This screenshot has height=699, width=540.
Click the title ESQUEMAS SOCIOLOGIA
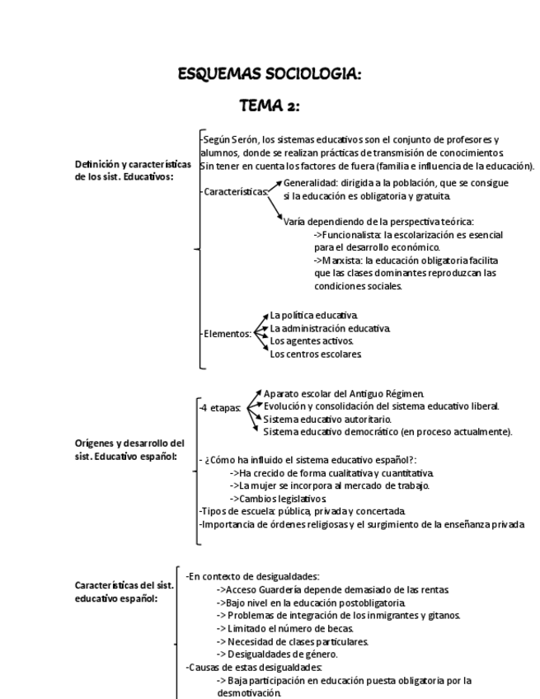coord(269,75)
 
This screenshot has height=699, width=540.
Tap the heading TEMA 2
coord(269,106)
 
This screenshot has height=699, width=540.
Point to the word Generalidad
coord(310,183)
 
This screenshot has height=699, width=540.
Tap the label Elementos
coord(228,334)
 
